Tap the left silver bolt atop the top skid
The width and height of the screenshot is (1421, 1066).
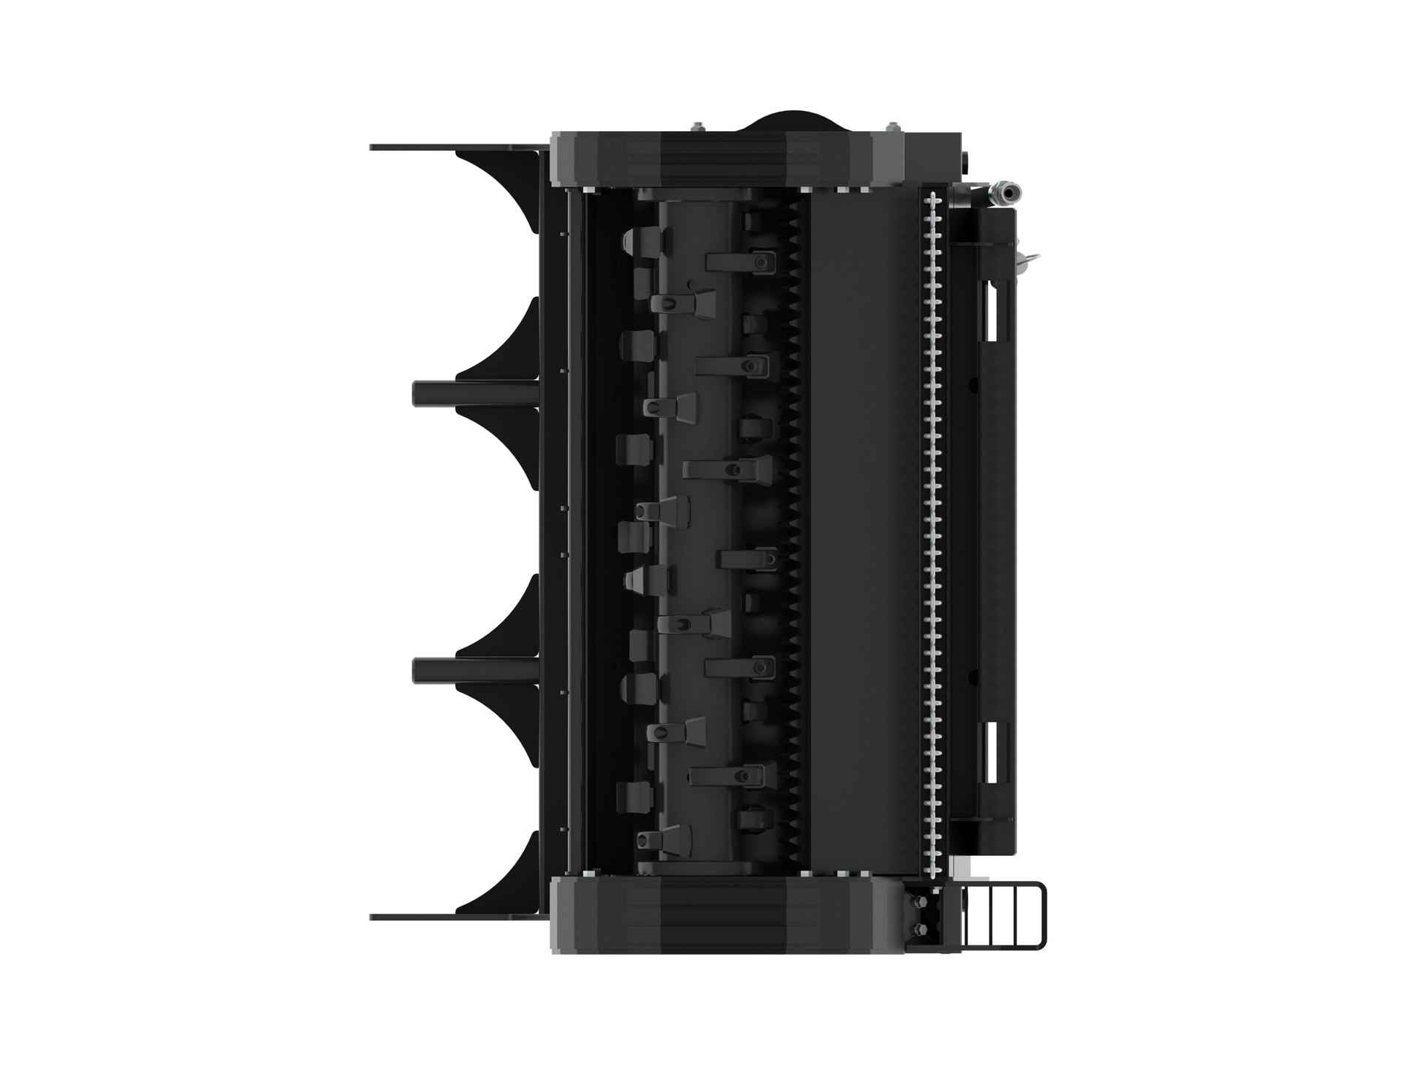tap(696, 127)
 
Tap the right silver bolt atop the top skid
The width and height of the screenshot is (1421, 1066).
tap(893, 127)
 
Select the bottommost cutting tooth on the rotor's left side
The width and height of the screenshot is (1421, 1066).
tap(659, 838)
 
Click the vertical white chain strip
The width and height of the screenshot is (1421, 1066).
tap(934, 533)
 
